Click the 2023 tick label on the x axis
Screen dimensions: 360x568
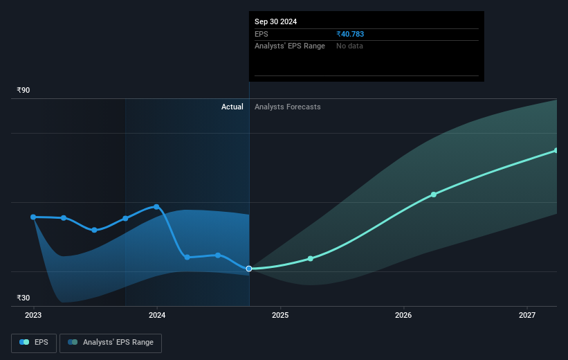[x=33, y=315]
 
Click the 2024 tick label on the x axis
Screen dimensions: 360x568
[x=157, y=315]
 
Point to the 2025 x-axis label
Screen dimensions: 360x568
[x=280, y=315]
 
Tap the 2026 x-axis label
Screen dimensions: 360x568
[x=403, y=315]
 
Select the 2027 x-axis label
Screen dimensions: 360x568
[x=527, y=315]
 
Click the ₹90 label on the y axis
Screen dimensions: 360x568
[x=24, y=90]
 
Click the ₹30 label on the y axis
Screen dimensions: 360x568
[x=24, y=298]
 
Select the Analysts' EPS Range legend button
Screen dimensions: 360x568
[x=111, y=342]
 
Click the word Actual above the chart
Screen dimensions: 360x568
[x=232, y=107]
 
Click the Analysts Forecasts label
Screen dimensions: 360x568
[x=287, y=107]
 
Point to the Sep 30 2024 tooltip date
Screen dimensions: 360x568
[x=275, y=21]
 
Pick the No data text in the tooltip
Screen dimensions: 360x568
[x=349, y=46]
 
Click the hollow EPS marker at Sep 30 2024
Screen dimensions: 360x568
[x=249, y=269]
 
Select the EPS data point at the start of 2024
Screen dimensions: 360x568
[x=157, y=206]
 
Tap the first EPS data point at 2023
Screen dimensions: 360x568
[x=33, y=217]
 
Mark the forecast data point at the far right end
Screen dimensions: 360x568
[x=556, y=150]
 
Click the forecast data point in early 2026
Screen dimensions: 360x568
[x=434, y=195]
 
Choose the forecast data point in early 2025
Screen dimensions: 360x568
[x=311, y=258]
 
